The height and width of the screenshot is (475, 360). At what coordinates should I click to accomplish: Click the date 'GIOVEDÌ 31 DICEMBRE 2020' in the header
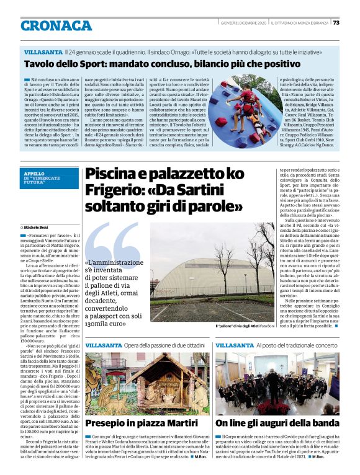pos(244,23)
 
